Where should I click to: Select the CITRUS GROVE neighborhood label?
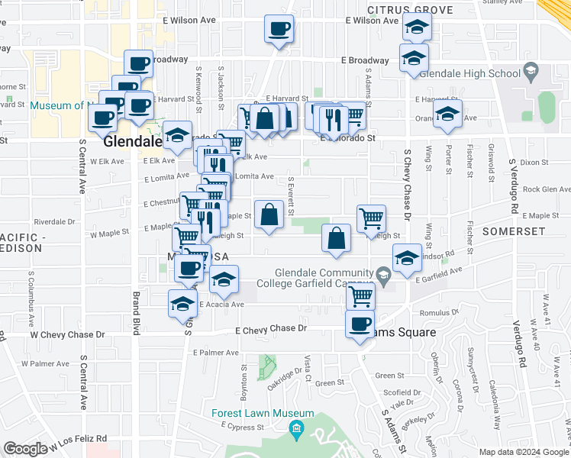pos(409,10)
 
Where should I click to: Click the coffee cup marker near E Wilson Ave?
pos(278,30)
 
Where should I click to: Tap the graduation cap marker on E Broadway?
pos(414,58)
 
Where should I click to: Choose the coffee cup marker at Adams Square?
pos(360,323)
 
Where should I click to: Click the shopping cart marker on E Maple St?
pos(371,218)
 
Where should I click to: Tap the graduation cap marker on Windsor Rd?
pos(408,260)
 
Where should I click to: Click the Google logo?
pos(25,449)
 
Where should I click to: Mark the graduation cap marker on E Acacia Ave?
pos(182,303)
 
